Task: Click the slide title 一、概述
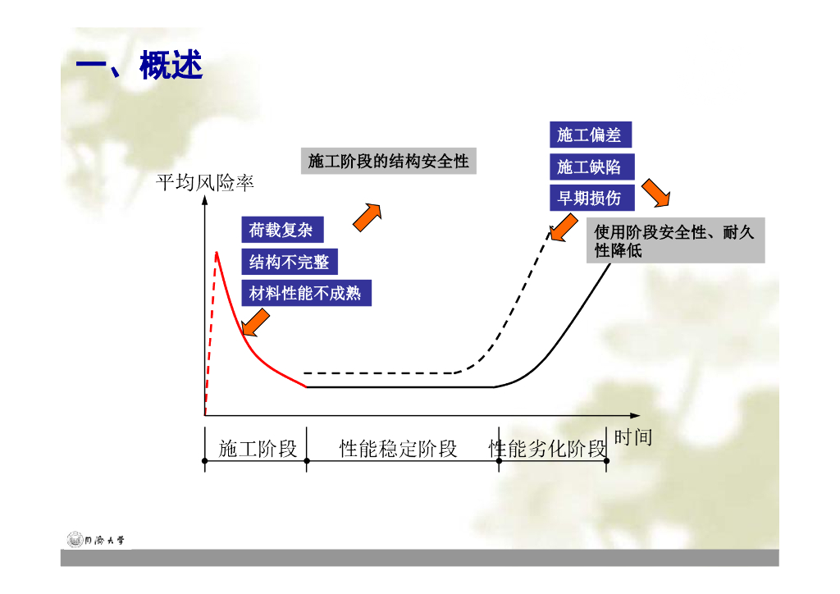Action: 139,66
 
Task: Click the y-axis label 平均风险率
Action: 205,182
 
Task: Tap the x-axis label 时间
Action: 632,437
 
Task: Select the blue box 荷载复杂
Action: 281,231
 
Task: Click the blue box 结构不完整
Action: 289,262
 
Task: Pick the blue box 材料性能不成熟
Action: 305,292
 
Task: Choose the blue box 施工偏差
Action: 589,135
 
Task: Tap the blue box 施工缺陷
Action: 589,167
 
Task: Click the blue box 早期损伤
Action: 589,198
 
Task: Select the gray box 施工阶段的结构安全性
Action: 388,161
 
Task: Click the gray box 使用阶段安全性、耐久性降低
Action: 675,241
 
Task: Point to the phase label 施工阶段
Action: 258,449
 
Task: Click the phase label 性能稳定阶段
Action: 398,449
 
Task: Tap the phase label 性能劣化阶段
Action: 547,449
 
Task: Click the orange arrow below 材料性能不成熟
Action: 257,322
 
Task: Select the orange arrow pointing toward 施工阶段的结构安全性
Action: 367,216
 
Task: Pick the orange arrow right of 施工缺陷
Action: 655,194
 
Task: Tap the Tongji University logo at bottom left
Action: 98,540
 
